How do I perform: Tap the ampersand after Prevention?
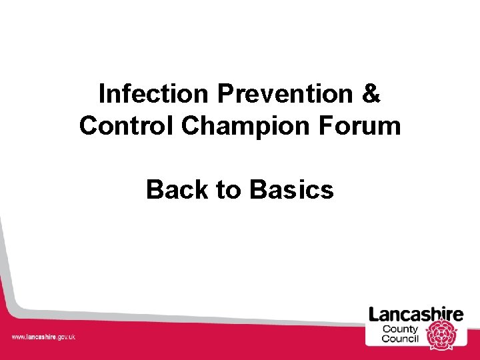372,94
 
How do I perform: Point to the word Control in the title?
127,125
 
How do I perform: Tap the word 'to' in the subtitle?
227,190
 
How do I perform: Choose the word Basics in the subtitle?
291,190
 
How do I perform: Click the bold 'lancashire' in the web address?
41,337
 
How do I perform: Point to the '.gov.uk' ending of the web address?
65,337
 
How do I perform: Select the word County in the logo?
400,329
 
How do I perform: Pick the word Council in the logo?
400,339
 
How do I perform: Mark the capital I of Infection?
101,94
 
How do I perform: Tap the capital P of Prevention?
224,94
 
